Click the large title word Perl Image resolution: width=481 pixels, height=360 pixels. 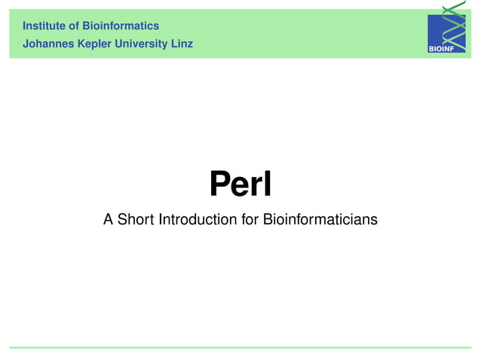[x=240, y=184]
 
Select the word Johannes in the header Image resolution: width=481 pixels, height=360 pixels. [x=48, y=44]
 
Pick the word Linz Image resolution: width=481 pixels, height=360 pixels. [x=182, y=44]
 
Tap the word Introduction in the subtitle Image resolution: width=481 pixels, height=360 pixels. [x=192, y=220]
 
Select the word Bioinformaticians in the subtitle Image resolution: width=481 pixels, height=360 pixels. [x=320, y=220]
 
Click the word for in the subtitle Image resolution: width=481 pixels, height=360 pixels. [x=250, y=220]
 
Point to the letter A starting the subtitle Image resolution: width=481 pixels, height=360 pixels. [x=109, y=220]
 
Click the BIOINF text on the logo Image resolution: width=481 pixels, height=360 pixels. [x=442, y=49]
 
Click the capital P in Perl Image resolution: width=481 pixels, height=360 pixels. [x=219, y=184]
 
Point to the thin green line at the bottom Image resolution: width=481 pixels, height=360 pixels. [x=240, y=347]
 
